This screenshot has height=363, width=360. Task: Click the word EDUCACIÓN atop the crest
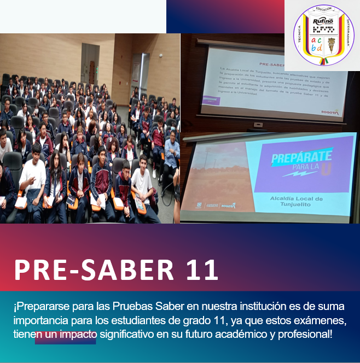point(324,9)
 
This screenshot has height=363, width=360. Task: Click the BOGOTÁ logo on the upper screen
point(330,112)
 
